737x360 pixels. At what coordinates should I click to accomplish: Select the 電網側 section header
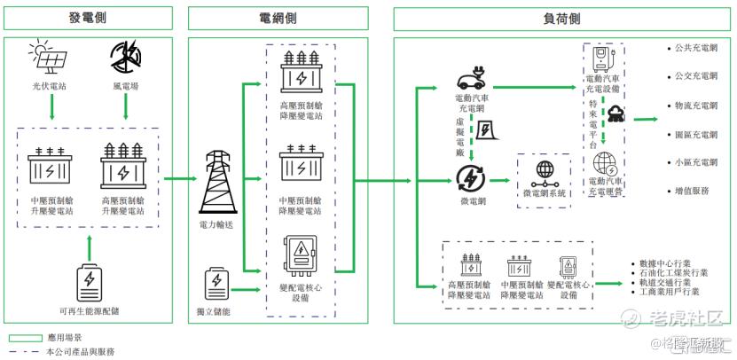(x=278, y=19)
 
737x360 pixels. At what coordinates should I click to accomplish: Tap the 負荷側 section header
(x=562, y=19)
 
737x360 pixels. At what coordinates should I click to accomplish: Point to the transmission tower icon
(x=219, y=183)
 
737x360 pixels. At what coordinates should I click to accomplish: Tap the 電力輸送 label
(x=218, y=226)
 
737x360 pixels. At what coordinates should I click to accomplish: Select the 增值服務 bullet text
(x=691, y=190)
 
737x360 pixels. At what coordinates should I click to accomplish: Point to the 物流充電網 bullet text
(x=695, y=106)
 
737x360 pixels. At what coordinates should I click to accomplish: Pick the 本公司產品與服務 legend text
(x=79, y=351)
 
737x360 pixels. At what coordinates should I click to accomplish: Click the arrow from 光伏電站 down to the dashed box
(x=51, y=106)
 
